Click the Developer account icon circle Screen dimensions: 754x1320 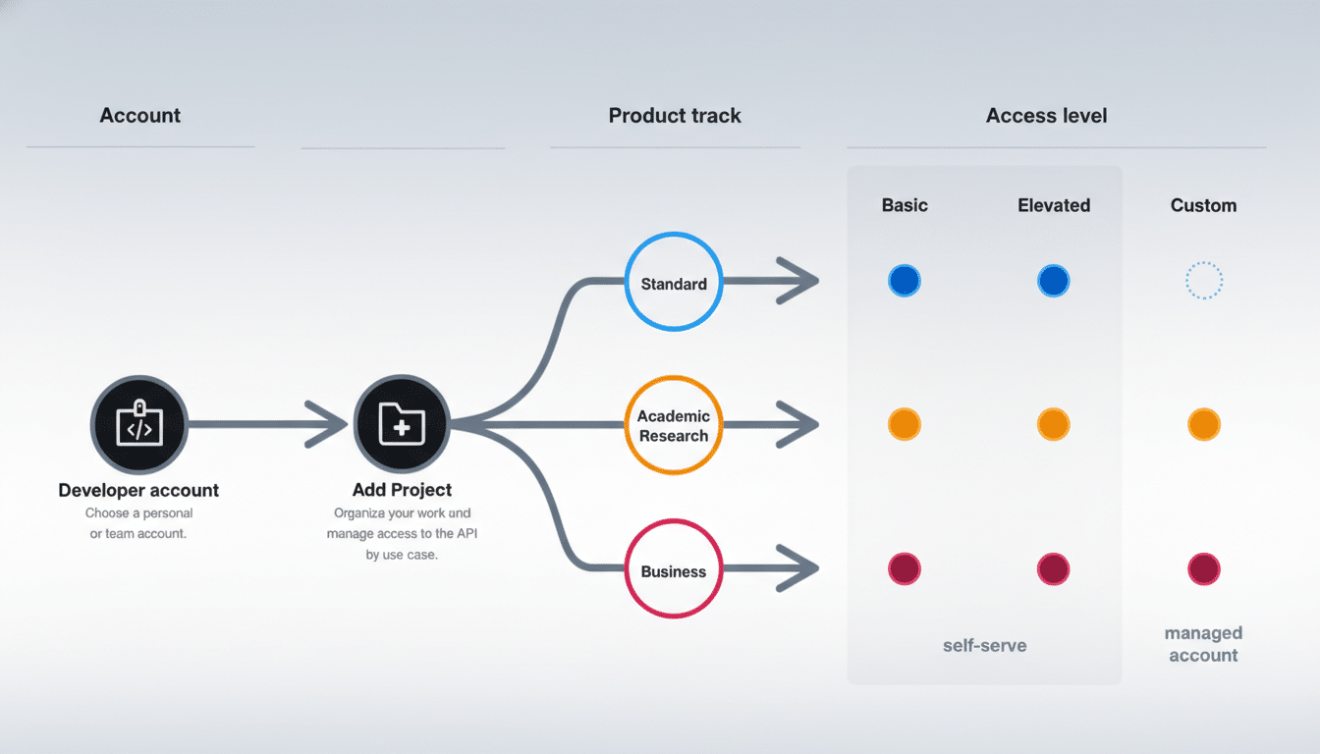click(x=138, y=425)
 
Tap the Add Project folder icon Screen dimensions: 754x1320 click(x=402, y=425)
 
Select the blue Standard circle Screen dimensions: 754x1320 click(x=674, y=283)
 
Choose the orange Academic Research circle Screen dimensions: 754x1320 click(x=674, y=425)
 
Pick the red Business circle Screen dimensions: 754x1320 click(x=674, y=570)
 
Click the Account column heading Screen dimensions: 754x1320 click(x=140, y=116)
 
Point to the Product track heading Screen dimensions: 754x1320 click(x=675, y=116)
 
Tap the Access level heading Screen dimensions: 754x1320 click(x=1046, y=116)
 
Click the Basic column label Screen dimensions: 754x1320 click(x=905, y=205)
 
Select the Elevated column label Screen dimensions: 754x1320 click(x=1054, y=205)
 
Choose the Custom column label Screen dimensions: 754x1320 click(x=1203, y=205)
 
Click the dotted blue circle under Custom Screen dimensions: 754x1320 click(x=1203, y=282)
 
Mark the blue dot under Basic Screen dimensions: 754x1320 click(x=904, y=282)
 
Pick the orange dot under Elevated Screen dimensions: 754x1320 click(x=1053, y=425)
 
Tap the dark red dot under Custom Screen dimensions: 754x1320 click(x=1203, y=568)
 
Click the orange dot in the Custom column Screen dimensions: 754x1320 click(x=1203, y=425)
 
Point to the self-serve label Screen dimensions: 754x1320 click(x=984, y=645)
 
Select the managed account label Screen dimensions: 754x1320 click(x=1203, y=644)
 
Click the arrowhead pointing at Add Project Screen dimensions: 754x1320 click(x=328, y=425)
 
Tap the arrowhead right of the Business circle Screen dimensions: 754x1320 click(x=797, y=568)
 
